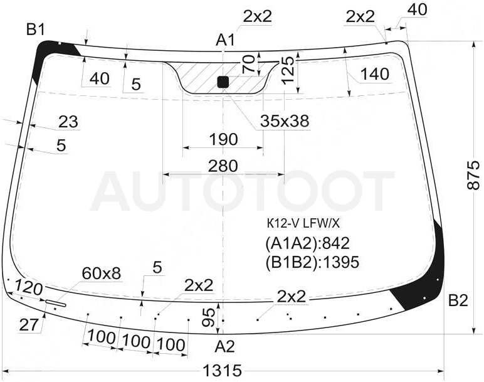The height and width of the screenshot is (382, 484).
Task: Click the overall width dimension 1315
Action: coord(222,370)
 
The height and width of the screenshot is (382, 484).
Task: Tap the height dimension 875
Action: coord(474,175)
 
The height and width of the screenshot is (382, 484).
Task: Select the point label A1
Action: coord(226,40)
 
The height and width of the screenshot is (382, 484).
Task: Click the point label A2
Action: coord(224,346)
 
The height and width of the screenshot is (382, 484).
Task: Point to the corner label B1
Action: coord(36,29)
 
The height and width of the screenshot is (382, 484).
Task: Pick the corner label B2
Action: coord(458,300)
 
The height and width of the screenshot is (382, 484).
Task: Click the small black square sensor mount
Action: coord(223,82)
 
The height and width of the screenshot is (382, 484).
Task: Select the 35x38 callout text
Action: coord(285,120)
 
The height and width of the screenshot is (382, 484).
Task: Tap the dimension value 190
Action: coord(223,139)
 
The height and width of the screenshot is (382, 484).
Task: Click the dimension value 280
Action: coord(223,166)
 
